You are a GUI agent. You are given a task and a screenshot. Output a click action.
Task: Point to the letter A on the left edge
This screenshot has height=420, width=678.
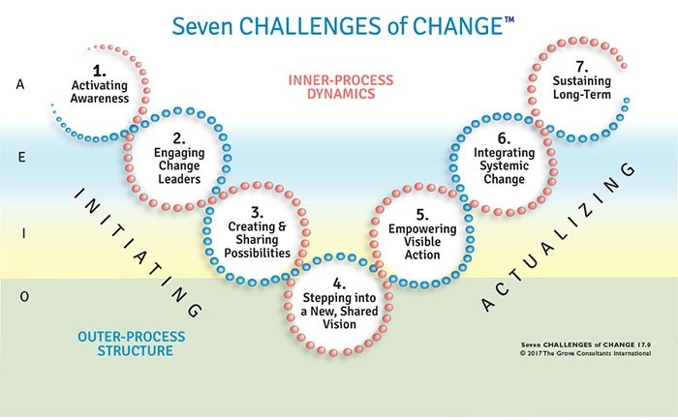(20, 84)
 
